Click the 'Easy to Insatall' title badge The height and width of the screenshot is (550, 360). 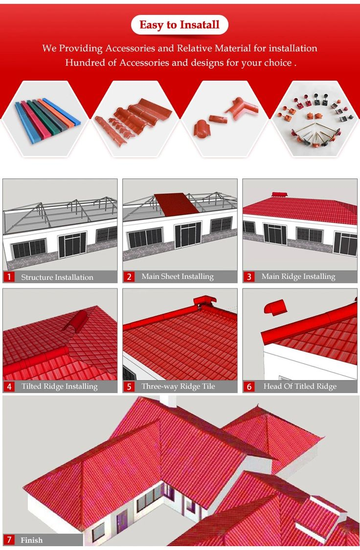point(180,25)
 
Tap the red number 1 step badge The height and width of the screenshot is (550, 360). point(9,277)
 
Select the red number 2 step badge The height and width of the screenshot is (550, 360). point(129,277)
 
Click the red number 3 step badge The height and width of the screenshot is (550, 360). point(249,277)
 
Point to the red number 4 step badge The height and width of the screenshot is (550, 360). point(9,387)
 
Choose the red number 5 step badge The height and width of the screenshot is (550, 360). point(129,387)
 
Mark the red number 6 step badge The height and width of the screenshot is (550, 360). point(249,387)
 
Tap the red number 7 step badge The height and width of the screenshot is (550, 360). point(9,540)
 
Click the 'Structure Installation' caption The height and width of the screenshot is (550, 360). point(57,277)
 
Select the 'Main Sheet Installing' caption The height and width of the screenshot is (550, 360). point(178,276)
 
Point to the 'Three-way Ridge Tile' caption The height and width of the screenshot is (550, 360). point(178,387)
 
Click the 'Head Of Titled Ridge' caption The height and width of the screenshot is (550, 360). point(300,387)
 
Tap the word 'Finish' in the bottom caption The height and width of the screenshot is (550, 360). point(31,540)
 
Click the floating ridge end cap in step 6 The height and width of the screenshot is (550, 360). point(275,306)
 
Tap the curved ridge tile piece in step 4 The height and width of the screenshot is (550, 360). point(75,321)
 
